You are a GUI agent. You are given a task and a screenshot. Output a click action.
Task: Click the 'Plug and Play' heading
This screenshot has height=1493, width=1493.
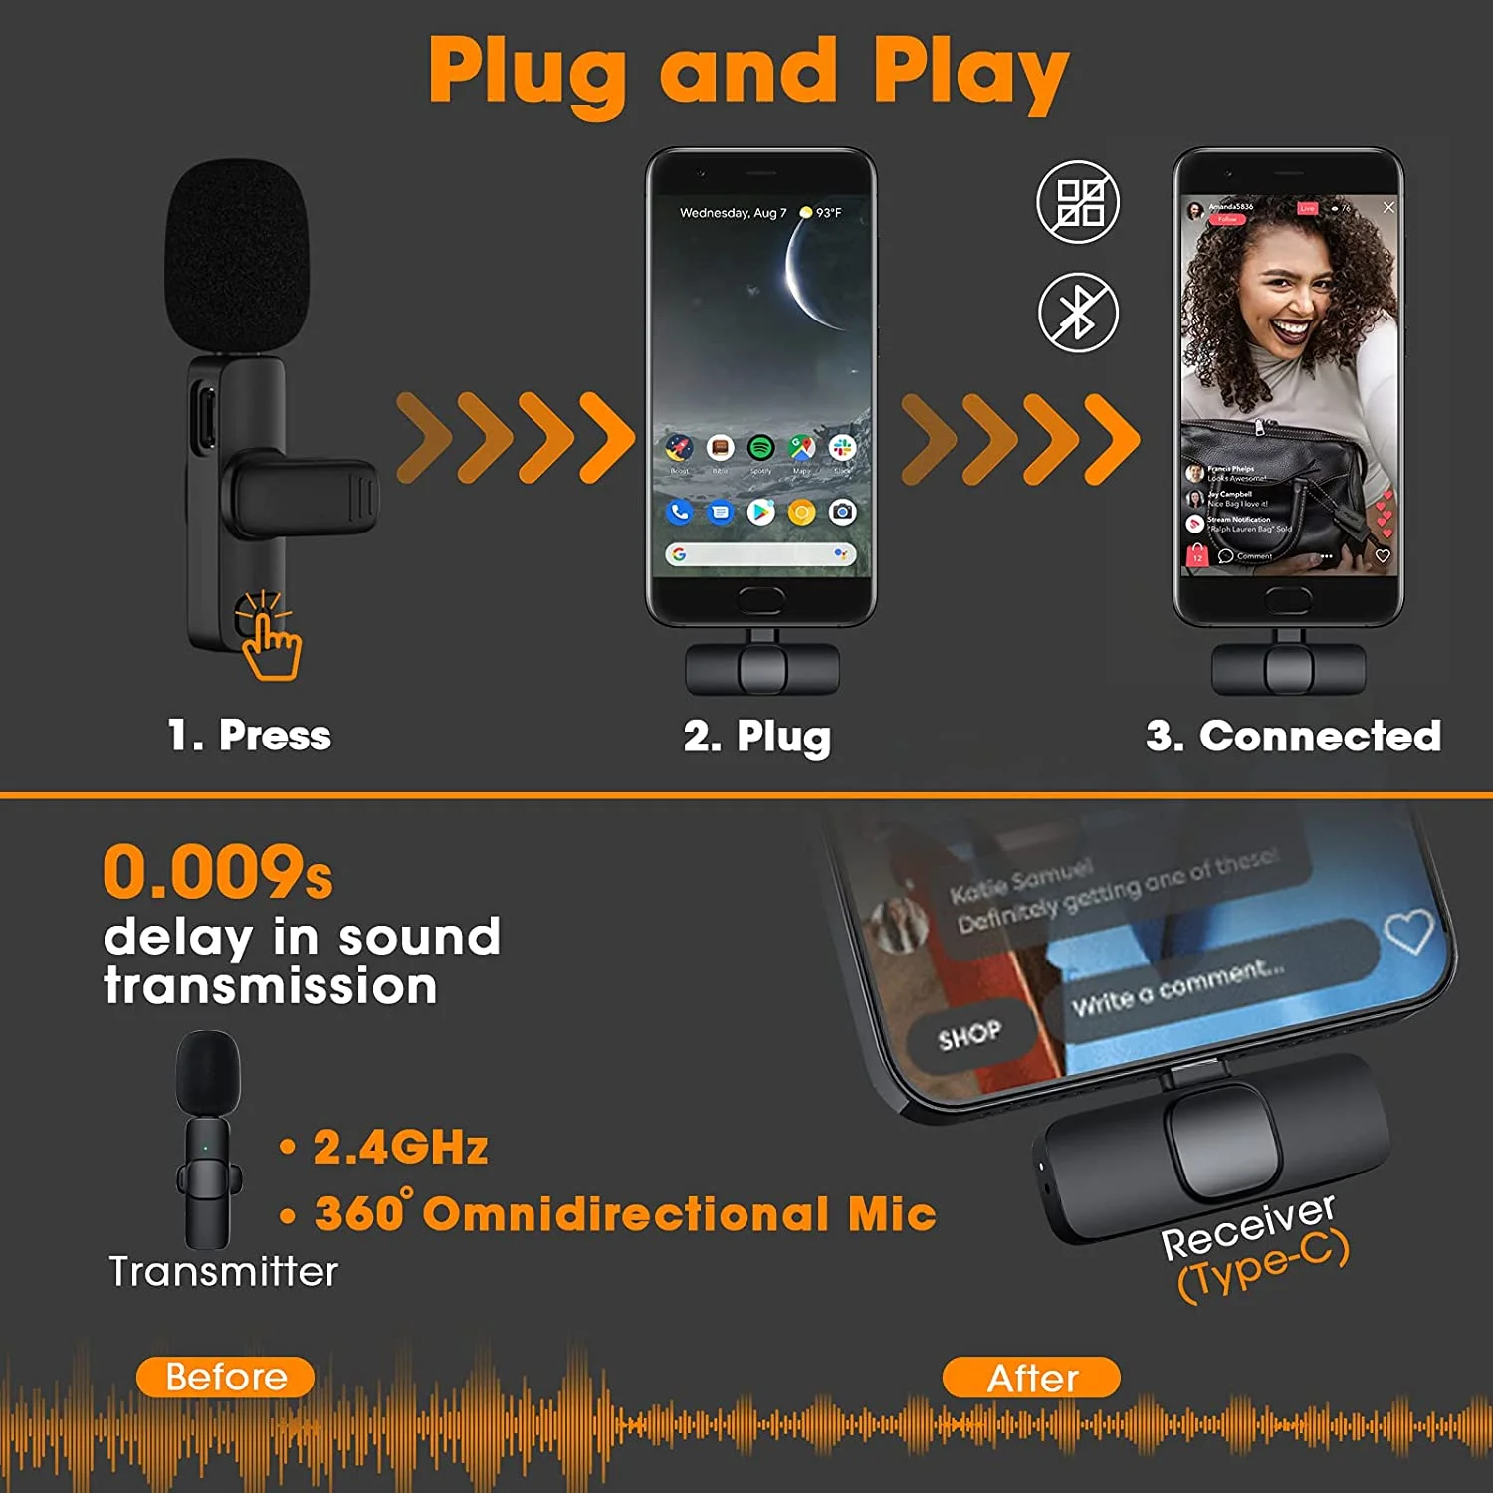click(x=748, y=72)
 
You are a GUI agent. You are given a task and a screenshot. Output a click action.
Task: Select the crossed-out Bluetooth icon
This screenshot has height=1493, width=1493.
click(x=1078, y=313)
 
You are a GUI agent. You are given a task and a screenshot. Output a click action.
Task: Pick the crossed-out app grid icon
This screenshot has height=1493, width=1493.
click(x=1078, y=202)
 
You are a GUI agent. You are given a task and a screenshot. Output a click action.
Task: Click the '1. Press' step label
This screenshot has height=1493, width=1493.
click(x=249, y=736)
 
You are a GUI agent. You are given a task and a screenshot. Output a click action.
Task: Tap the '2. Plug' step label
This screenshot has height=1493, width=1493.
click(x=756, y=738)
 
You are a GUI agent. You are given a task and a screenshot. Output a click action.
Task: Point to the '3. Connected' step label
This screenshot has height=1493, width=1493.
click(x=1293, y=737)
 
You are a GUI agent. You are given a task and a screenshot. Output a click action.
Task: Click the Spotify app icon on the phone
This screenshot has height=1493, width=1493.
click(x=760, y=448)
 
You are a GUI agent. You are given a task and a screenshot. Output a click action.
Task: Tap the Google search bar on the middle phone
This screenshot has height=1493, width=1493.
click(x=760, y=554)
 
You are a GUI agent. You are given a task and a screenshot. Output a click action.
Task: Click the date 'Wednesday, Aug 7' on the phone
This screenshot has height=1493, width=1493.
click(x=733, y=213)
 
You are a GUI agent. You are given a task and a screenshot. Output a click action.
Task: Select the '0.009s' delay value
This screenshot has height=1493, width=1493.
click(x=217, y=872)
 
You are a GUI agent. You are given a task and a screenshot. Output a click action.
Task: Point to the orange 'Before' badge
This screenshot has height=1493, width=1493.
click(x=225, y=1377)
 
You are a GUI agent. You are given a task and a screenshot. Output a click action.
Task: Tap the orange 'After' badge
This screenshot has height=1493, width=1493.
click(x=1031, y=1378)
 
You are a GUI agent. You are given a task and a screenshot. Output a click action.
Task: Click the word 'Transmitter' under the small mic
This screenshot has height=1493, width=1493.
click(x=223, y=1272)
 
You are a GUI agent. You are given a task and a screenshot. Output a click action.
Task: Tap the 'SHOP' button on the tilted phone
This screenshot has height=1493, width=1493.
click(x=968, y=1036)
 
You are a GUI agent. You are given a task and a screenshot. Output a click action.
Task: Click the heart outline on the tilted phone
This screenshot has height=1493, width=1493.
click(x=1408, y=932)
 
